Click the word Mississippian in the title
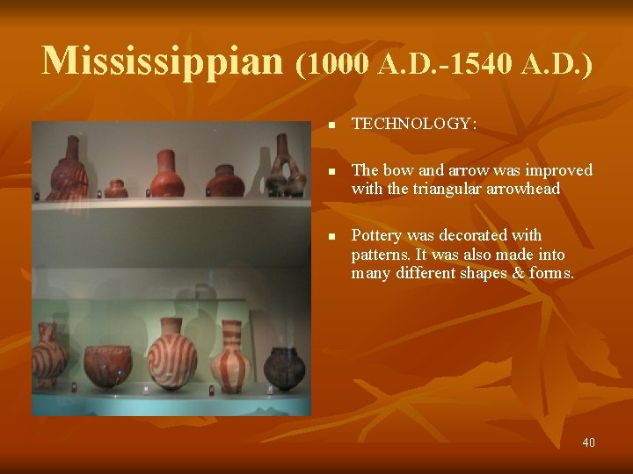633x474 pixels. click(164, 61)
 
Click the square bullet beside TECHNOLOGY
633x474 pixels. click(331, 125)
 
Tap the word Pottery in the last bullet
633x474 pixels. click(376, 235)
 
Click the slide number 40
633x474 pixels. click(588, 442)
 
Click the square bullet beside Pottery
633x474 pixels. click(331, 236)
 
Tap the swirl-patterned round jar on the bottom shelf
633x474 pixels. click(171, 355)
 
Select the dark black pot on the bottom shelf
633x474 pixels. click(284, 363)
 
